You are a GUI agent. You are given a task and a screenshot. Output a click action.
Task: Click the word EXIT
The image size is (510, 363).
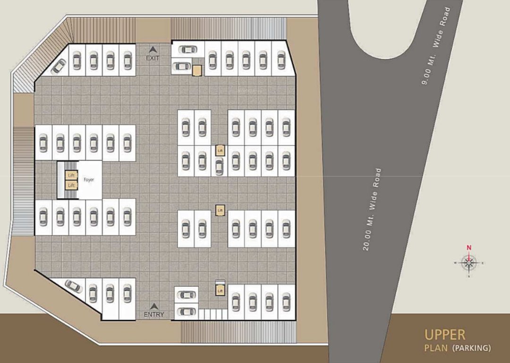click(153, 58)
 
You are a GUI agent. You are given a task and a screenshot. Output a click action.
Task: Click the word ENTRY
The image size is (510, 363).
click(154, 314)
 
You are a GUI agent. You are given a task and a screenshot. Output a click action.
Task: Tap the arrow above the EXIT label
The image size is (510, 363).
click(153, 49)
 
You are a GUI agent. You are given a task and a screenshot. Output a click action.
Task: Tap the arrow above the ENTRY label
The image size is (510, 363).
click(154, 306)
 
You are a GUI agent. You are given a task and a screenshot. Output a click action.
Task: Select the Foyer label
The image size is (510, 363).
click(89, 180)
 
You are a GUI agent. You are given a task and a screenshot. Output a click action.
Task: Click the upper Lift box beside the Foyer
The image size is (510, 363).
click(71, 175)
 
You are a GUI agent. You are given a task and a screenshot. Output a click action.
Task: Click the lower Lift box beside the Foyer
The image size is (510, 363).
click(71, 185)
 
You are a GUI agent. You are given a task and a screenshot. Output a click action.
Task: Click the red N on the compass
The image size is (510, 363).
click(469, 247)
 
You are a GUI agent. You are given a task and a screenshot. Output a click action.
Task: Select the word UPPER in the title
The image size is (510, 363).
click(445, 335)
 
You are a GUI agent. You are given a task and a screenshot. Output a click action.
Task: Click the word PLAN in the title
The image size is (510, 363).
click(436, 348)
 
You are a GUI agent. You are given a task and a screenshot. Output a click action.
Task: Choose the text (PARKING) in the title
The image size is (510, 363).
click(472, 348)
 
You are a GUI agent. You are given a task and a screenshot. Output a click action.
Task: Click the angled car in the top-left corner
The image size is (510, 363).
click(59, 66)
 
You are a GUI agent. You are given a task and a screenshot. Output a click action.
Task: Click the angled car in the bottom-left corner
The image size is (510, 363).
click(74, 285)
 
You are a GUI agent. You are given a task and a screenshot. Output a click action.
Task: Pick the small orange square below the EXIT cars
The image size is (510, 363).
click(197, 70)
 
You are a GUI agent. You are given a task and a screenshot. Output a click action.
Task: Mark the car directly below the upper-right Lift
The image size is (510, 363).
click(219, 166)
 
